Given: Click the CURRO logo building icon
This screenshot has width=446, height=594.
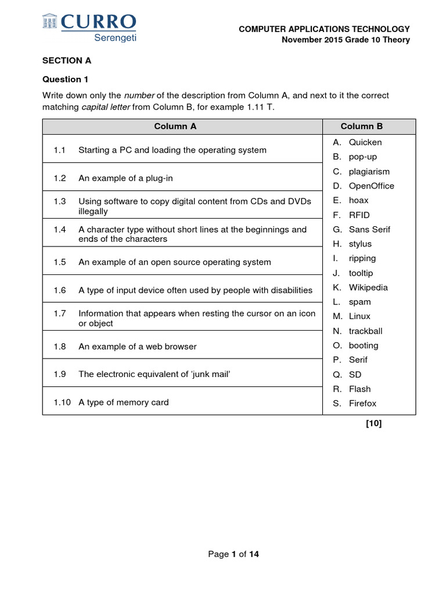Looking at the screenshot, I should [x=51, y=22].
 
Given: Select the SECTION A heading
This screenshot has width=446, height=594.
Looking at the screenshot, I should [x=67, y=60].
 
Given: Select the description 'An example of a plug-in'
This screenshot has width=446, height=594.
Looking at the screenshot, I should [x=125, y=178].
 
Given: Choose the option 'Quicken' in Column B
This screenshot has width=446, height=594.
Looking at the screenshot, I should [x=365, y=142].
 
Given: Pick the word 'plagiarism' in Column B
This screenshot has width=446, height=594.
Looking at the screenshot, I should [x=369, y=171].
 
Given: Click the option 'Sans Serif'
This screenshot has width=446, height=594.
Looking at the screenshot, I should [x=369, y=229].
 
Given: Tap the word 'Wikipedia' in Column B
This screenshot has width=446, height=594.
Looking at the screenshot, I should [x=368, y=287].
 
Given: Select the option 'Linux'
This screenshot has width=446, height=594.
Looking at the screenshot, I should [x=359, y=316].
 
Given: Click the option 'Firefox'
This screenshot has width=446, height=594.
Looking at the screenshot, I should [x=362, y=403].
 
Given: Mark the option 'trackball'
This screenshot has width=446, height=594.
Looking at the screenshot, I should [x=365, y=331].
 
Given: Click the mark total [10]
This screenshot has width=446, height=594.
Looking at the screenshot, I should [x=373, y=423].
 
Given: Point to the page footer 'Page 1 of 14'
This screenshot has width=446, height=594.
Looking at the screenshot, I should [x=233, y=554].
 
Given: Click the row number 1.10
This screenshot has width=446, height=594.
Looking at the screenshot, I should [x=62, y=402].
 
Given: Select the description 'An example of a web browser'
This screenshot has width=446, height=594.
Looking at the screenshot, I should [x=137, y=346].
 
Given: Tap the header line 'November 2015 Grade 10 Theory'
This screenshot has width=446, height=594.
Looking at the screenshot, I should [x=346, y=40].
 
